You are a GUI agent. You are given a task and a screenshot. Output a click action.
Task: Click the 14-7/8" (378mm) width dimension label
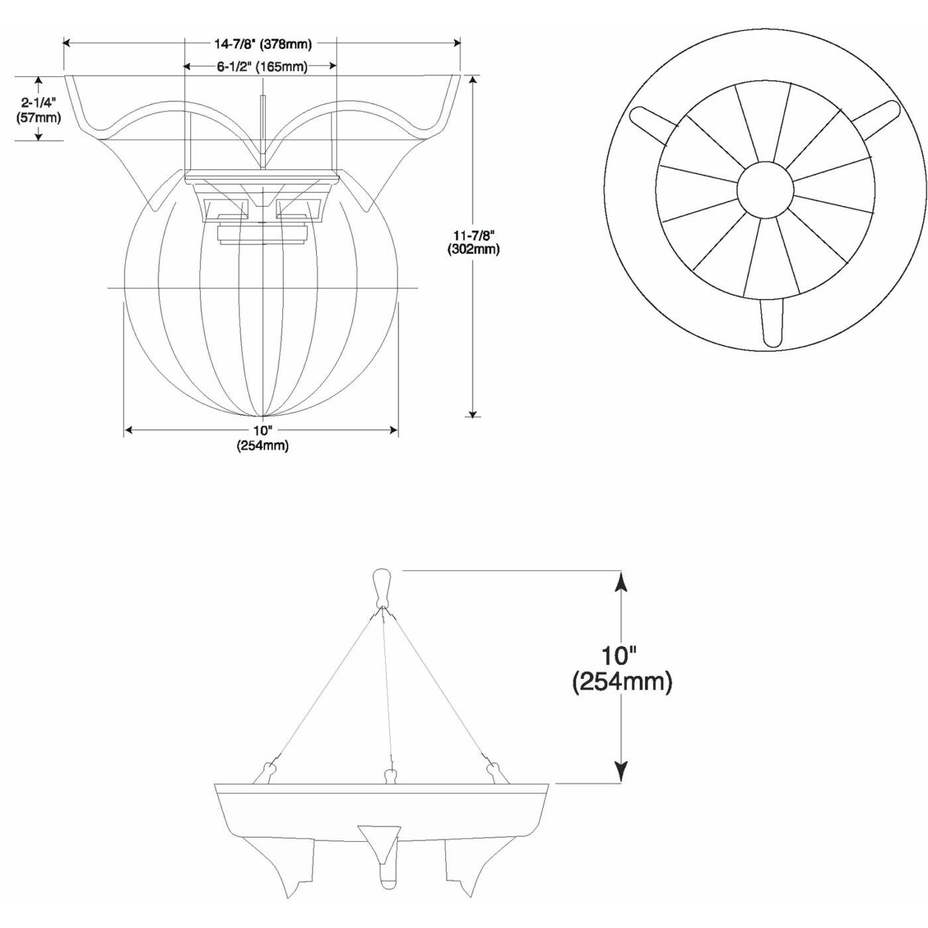tap(263, 44)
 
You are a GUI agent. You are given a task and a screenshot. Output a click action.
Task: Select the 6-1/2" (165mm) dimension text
tap(261, 67)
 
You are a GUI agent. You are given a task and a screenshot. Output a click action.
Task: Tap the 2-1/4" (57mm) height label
tap(38, 110)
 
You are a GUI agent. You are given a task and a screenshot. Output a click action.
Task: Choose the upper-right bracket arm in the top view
tap(876, 119)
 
